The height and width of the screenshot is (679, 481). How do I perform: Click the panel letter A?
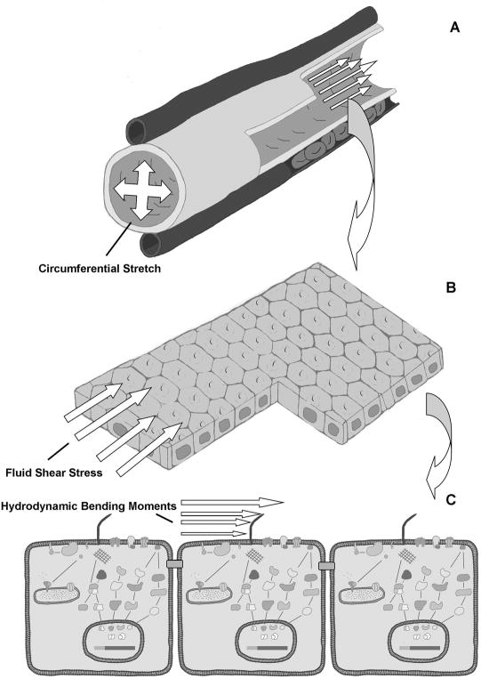pos(454,28)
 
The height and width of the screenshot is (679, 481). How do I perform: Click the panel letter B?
pos(450,287)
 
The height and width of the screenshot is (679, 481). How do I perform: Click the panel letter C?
pos(451,500)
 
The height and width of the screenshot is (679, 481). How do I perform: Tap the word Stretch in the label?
pos(140,269)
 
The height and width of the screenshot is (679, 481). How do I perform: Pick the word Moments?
pos(155,505)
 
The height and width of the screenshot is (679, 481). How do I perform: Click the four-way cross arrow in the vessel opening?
pos(143,190)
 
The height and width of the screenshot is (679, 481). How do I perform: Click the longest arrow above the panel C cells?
pos(232,502)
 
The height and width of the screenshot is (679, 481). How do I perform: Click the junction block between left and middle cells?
pos(174,564)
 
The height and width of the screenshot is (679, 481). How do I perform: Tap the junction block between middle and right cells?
pos(326,565)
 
